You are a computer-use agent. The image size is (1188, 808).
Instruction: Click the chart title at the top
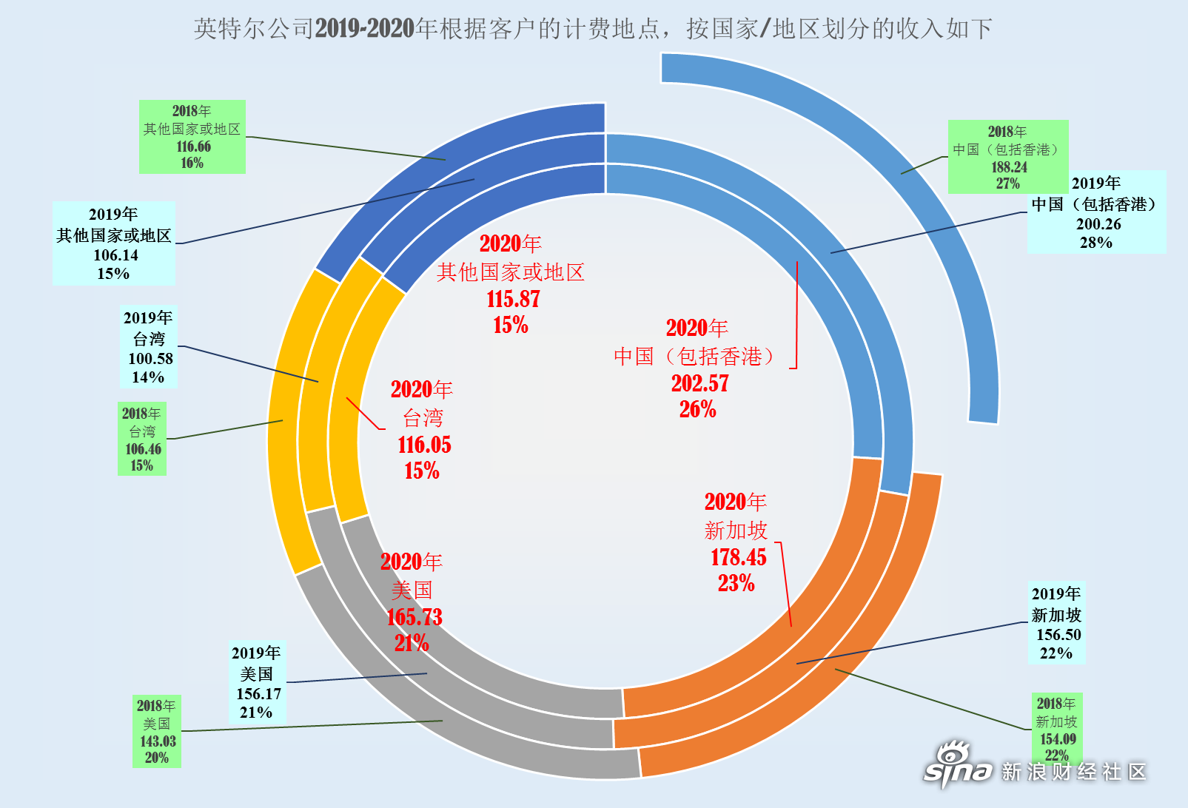(x=593, y=29)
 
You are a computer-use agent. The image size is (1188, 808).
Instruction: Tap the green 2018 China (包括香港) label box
(x=1007, y=157)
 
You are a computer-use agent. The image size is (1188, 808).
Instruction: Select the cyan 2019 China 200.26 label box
(x=1096, y=212)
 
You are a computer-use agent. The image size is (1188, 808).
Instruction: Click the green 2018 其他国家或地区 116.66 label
(x=192, y=137)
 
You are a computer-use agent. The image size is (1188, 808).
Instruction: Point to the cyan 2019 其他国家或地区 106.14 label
(x=113, y=243)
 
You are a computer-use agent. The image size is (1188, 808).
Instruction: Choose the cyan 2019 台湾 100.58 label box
(x=149, y=347)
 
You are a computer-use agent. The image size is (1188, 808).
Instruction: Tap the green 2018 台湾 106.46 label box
(x=142, y=439)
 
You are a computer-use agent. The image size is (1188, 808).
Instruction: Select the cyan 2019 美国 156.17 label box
(x=258, y=681)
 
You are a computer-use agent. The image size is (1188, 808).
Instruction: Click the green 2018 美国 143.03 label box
(x=157, y=731)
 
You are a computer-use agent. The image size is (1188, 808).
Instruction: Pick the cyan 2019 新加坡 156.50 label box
(x=1056, y=622)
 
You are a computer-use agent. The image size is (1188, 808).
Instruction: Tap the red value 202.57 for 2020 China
(x=700, y=383)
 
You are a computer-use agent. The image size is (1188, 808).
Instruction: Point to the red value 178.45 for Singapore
(x=738, y=557)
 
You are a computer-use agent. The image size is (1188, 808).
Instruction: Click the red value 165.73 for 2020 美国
(x=415, y=617)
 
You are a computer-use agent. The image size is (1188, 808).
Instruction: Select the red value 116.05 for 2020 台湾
(x=424, y=445)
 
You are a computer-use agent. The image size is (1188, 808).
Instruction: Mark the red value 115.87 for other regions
(x=514, y=299)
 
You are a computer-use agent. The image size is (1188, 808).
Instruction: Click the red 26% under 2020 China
(x=698, y=409)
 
